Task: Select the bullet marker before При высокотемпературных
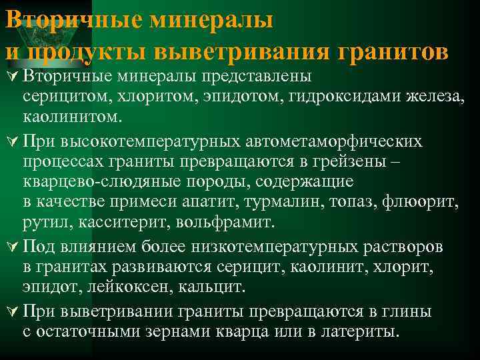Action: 11,142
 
